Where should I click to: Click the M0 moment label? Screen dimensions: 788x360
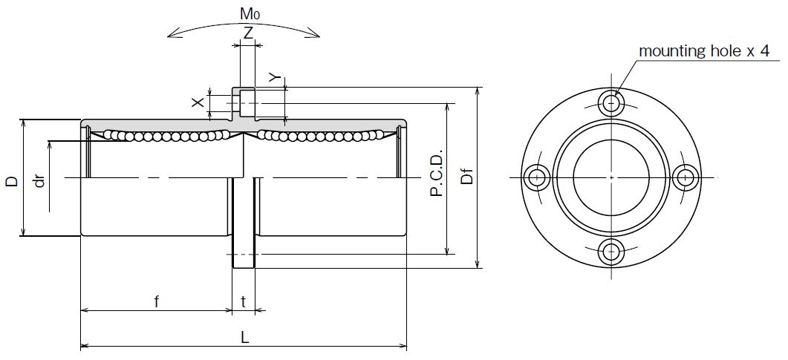250,14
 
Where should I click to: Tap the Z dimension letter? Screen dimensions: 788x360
248,33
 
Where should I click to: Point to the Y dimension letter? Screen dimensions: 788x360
274,77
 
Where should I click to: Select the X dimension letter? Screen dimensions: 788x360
198,102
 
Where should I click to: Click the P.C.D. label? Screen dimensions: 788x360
437,173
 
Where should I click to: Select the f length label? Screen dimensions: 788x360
156,301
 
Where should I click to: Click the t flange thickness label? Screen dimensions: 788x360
244,302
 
